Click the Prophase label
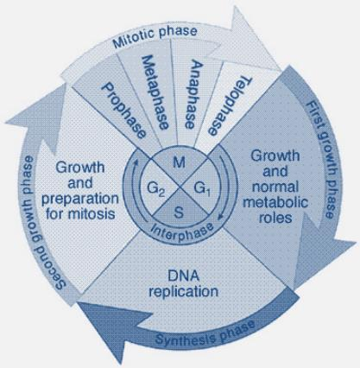124,111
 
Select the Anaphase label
190,94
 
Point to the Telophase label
228,106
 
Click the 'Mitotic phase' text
155,37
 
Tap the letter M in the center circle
180,162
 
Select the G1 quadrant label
203,189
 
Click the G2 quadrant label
156,189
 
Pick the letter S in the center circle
179,213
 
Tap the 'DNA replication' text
183,283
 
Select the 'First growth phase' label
320,159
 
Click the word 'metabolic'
275,202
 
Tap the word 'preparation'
80,200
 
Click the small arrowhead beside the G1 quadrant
220,216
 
